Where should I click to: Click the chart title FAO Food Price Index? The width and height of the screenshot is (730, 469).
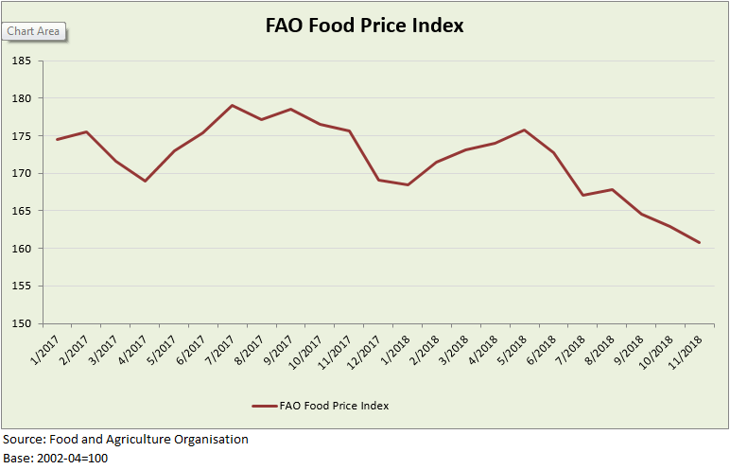(364, 26)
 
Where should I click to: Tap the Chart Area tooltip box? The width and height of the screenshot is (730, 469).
(34, 31)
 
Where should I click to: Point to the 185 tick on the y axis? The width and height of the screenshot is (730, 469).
(21, 61)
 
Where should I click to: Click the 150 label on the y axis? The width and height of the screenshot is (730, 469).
(21, 323)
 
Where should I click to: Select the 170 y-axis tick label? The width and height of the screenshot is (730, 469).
(21, 173)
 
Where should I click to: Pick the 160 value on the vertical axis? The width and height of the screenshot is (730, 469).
(21, 249)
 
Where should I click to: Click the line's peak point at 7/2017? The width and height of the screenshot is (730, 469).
(233, 105)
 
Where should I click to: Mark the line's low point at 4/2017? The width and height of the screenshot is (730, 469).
(146, 181)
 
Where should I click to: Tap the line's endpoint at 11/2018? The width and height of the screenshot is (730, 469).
(699, 243)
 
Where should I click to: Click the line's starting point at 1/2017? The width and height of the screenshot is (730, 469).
(59, 139)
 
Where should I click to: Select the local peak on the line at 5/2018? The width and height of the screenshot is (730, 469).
(524, 130)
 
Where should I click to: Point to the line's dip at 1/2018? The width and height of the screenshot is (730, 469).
(408, 184)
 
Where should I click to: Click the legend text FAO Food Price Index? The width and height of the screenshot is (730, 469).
(334, 406)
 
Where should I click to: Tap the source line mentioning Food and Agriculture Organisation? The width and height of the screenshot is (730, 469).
(126, 440)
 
